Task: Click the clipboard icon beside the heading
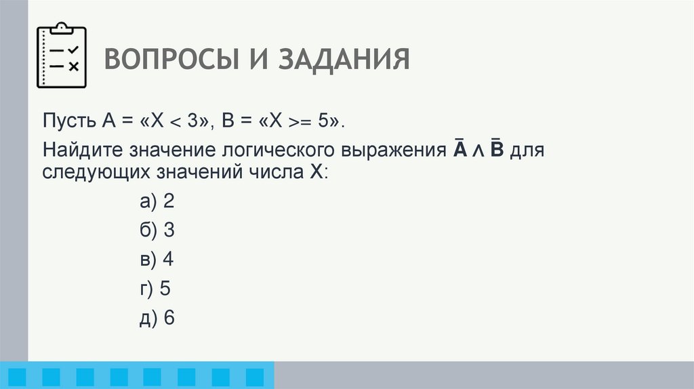click(62, 56)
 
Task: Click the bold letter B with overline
click(495, 149)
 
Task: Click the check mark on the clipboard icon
click(73, 50)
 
